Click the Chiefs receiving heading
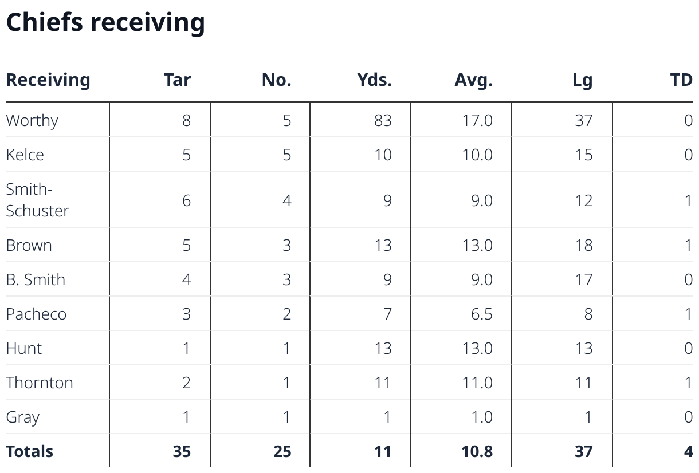pyautogui.click(x=105, y=22)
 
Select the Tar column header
pyautogui.click(x=177, y=80)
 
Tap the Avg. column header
pyautogui.click(x=473, y=80)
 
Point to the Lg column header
pyautogui.click(x=582, y=80)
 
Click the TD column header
pyautogui.click(x=681, y=80)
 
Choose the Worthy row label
pyautogui.click(x=32, y=120)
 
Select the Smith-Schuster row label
pyautogui.click(x=37, y=200)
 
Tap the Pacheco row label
pyautogui.click(x=36, y=314)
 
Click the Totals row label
pyautogui.click(x=30, y=451)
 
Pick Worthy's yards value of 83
pyautogui.click(x=383, y=120)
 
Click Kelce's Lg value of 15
pyautogui.click(x=583, y=155)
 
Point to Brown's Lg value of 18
pyautogui.click(x=583, y=245)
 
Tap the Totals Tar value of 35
pyautogui.click(x=182, y=451)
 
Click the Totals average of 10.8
pyautogui.click(x=477, y=451)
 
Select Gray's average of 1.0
pyautogui.click(x=481, y=417)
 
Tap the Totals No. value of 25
pyautogui.click(x=282, y=451)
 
